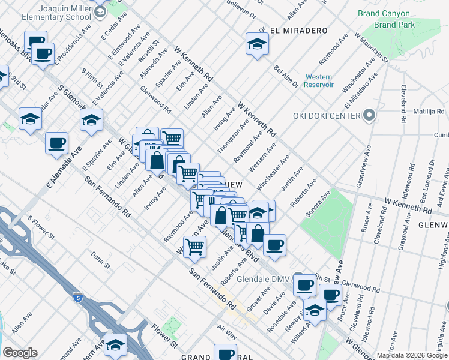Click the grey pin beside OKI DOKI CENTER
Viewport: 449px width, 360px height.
(370, 116)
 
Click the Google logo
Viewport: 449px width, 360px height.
(19, 353)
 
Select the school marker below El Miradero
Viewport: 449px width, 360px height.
(257, 45)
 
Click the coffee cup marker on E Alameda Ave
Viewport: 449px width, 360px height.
(56, 144)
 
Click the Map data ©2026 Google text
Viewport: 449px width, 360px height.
(411, 355)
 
